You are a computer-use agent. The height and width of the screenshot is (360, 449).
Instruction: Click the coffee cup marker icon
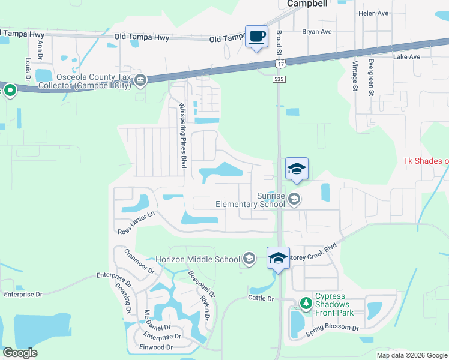pos(257,36)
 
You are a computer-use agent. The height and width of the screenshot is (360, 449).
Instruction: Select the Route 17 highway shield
pos(280,64)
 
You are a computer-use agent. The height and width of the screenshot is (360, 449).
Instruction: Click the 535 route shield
pos(280,79)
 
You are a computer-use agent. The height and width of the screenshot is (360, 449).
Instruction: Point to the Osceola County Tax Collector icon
pos(140,80)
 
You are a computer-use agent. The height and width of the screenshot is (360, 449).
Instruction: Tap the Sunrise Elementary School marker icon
pos(294,199)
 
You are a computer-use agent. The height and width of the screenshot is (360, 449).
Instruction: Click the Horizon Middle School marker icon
pos(249,259)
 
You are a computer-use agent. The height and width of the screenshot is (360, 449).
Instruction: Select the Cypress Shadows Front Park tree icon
pos(306,302)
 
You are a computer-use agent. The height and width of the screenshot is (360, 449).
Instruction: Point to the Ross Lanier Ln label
pos(137,222)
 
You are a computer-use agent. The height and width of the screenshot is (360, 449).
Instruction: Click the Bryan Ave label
pos(318,31)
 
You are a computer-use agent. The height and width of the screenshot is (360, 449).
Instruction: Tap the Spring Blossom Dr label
pos(332,328)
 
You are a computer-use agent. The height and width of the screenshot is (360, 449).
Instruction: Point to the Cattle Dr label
pos(261,298)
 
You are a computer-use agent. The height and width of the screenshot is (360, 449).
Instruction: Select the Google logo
pos(20,353)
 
